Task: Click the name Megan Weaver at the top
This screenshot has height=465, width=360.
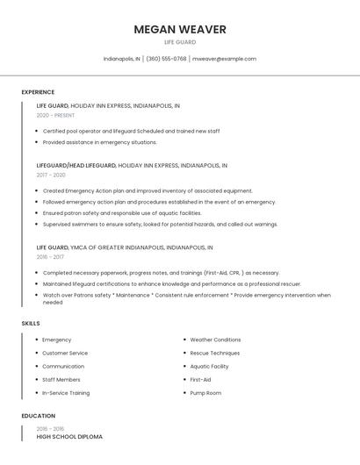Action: pyautogui.click(x=179, y=29)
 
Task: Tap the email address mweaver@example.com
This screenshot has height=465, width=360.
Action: pyautogui.click(x=224, y=59)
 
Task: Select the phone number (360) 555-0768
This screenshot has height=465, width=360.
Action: pyautogui.click(x=166, y=59)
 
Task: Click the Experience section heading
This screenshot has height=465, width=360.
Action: pyautogui.click(x=38, y=92)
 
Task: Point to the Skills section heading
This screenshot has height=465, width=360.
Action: pyautogui.click(x=31, y=324)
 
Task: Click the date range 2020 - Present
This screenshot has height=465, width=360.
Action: pyautogui.click(x=55, y=115)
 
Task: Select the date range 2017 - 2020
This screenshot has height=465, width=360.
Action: pyautogui.click(x=51, y=175)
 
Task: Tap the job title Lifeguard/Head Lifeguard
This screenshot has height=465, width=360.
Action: pyautogui.click(x=76, y=165)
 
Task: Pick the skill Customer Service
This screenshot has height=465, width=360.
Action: pyautogui.click(x=65, y=353)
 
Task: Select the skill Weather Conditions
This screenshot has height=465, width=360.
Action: pyautogui.click(x=215, y=340)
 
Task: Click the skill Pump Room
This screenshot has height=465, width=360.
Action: pyautogui.click(x=205, y=393)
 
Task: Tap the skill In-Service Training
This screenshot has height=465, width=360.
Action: pyautogui.click(x=66, y=393)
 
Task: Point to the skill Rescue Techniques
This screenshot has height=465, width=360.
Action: pyautogui.click(x=214, y=353)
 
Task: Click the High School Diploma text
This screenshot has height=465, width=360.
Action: pyautogui.click(x=69, y=436)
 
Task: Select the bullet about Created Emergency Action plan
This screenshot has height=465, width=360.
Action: pyautogui.click(x=147, y=190)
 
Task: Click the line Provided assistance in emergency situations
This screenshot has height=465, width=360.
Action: pyautogui.click(x=99, y=142)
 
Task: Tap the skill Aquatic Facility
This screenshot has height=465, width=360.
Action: pyautogui.click(x=209, y=366)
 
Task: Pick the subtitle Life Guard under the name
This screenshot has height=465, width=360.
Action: pyautogui.click(x=179, y=42)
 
